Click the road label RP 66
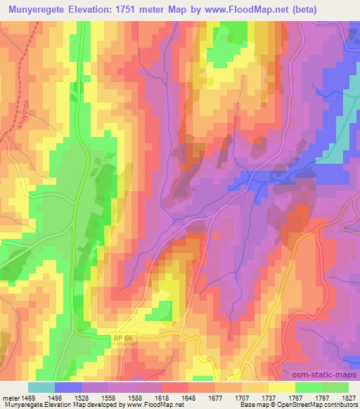tap(123, 338)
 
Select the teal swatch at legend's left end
tap(41, 387)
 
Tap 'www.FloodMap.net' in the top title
tap(255, 10)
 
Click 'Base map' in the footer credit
tap(252, 405)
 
